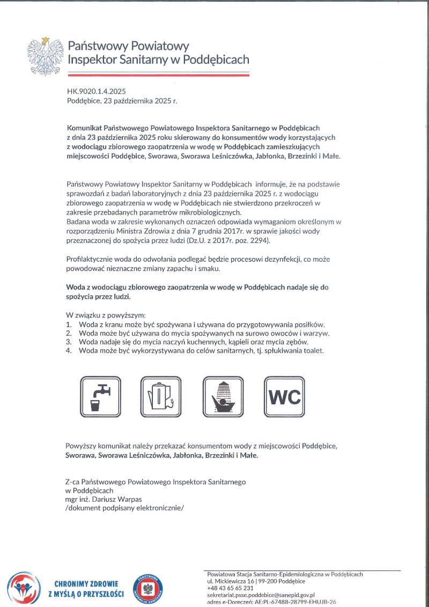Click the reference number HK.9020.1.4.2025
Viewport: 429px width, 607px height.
tap(97, 92)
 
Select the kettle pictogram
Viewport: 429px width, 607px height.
tap(160, 394)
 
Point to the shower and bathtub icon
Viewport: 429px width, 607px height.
tap(223, 394)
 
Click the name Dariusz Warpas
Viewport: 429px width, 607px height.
tap(115, 499)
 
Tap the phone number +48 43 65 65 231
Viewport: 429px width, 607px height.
tap(230, 588)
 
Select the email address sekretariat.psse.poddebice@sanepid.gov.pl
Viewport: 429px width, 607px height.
tap(261, 595)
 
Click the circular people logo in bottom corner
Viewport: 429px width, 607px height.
tap(24, 588)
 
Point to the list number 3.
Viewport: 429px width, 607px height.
tap(69, 342)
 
